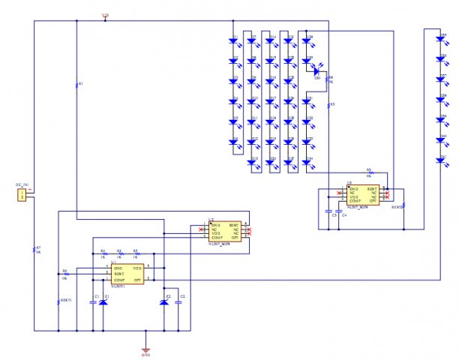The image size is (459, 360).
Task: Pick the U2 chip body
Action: pyautogui.click(x=224, y=232)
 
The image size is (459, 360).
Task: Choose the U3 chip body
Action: pyautogui.click(x=363, y=195)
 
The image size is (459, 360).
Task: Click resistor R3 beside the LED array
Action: pyautogui.click(x=328, y=105)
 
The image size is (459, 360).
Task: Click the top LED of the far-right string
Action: pyautogui.click(x=440, y=38)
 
